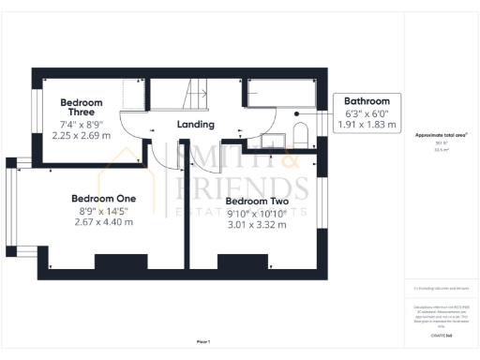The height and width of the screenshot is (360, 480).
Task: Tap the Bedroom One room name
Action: tap(104, 198)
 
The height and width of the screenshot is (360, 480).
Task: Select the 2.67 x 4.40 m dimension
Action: tap(104, 222)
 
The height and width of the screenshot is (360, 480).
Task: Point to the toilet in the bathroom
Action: tap(301, 132)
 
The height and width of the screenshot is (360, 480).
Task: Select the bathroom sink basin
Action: tap(273, 142)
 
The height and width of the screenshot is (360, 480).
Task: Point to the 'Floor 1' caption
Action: tap(203, 341)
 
